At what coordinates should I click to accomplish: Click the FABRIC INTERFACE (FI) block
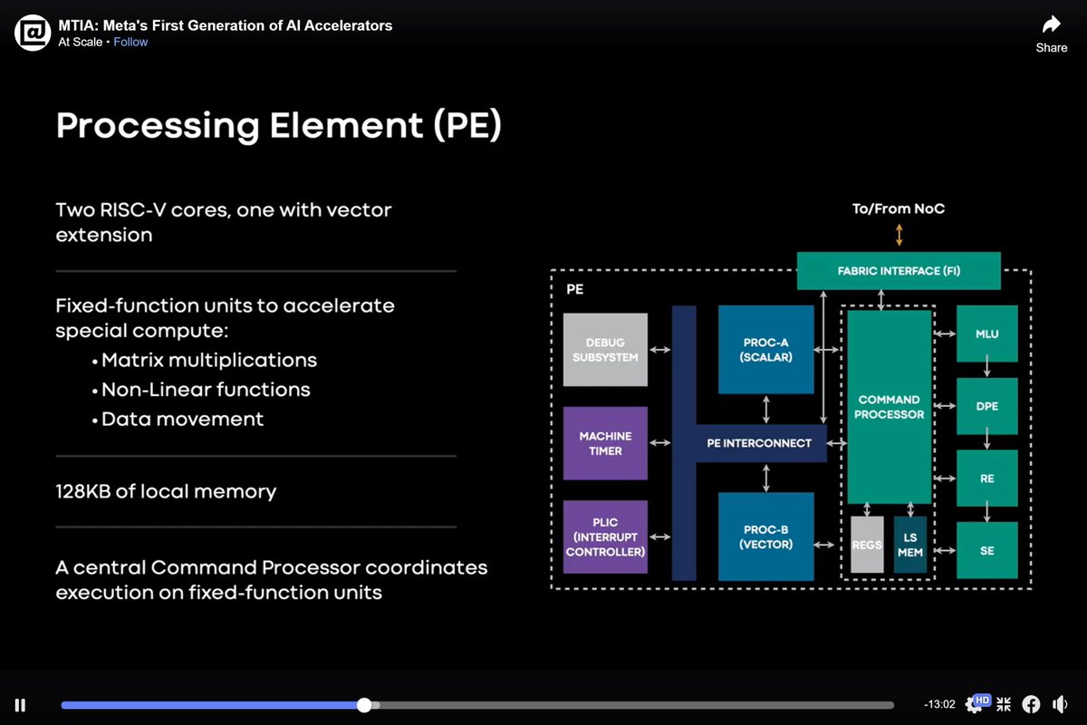tap(898, 271)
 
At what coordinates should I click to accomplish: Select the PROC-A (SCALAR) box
tap(765, 349)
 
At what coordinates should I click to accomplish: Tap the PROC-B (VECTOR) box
tap(765, 536)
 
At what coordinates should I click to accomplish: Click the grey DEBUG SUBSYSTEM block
tap(605, 350)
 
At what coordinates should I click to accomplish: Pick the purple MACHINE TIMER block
tap(605, 443)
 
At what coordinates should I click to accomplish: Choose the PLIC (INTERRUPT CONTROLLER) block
tap(605, 536)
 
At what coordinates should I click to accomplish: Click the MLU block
tap(986, 333)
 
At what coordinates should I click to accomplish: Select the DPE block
tap(986, 406)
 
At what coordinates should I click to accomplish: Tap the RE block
tap(986, 478)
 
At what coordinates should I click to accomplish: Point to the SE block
tap(986, 550)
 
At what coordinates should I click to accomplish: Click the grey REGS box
tap(867, 545)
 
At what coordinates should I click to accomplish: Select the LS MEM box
tap(910, 545)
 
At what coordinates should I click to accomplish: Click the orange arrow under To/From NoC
tap(899, 235)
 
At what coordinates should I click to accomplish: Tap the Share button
tap(1051, 34)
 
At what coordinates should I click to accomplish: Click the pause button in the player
tap(20, 705)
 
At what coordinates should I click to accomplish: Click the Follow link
tap(130, 42)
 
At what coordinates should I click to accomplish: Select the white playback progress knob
tap(364, 705)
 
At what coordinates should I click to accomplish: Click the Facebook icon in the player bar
tap(1031, 704)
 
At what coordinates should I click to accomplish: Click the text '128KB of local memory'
tap(166, 491)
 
